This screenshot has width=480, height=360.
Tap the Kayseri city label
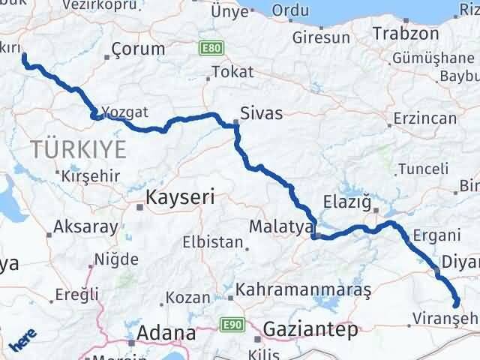coord(179,198)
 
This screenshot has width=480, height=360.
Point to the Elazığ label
coord(347,200)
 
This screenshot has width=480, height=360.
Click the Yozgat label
coord(126,112)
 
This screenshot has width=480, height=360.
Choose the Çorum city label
coord(137,49)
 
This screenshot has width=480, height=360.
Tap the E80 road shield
coord(211,48)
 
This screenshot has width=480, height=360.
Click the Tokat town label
coord(232,72)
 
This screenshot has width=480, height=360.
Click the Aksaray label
coord(85,226)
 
